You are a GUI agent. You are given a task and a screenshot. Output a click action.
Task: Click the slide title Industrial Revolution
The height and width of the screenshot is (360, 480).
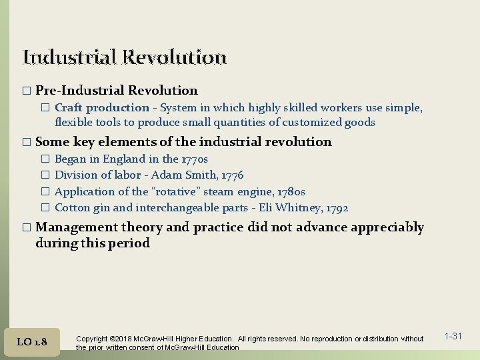(x=125, y=57)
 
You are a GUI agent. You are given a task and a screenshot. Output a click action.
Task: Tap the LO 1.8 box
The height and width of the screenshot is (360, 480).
(x=33, y=341)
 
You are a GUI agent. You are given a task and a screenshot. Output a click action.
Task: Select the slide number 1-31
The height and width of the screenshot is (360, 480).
(x=453, y=336)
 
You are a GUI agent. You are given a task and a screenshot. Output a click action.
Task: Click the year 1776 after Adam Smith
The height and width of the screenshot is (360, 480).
(x=231, y=175)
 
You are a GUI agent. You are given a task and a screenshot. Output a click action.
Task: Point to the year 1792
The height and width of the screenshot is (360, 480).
(x=335, y=208)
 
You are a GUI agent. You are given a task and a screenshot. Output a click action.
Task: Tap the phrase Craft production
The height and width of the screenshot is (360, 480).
(x=101, y=107)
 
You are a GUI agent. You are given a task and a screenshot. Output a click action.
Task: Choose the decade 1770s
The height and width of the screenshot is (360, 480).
(x=195, y=159)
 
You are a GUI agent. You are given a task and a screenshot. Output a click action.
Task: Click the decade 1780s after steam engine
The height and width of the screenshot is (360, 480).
(x=291, y=191)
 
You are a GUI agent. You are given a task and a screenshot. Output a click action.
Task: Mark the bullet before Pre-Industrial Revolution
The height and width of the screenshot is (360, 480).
(x=27, y=91)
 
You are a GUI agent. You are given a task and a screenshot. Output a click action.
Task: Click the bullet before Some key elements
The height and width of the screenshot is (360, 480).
(x=27, y=142)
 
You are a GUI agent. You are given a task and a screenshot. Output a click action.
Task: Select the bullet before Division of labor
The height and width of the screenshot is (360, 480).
(x=45, y=175)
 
